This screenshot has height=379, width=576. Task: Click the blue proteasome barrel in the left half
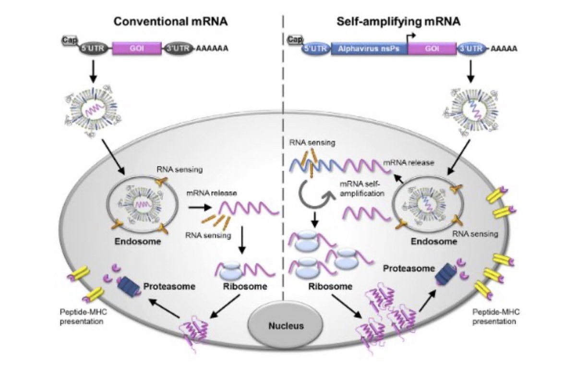click(128, 287)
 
